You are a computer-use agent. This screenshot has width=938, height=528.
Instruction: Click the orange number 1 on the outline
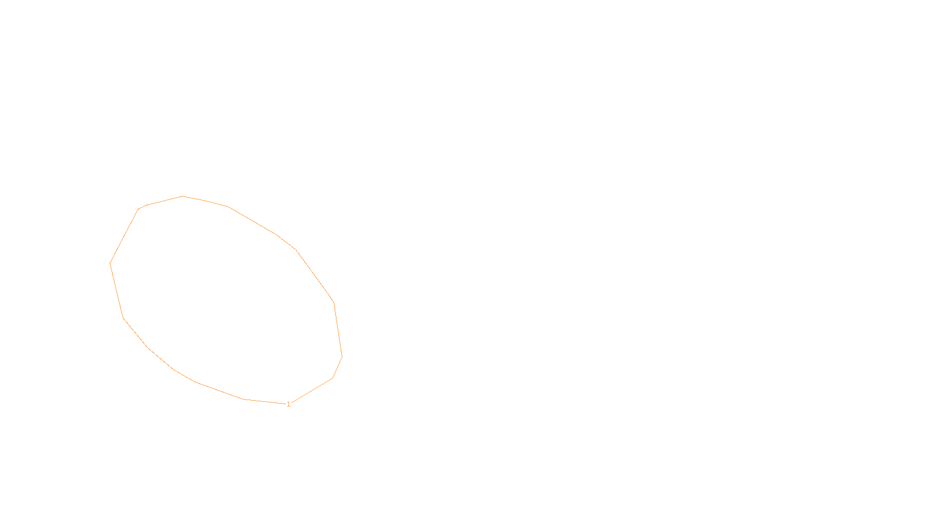click(288, 404)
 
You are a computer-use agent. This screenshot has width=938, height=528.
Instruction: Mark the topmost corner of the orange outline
click(183, 196)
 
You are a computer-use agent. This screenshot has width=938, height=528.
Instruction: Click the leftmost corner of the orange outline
click(110, 263)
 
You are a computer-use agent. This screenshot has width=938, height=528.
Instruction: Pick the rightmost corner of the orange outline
click(342, 356)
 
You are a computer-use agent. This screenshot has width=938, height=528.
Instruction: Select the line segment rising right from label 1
click(311, 391)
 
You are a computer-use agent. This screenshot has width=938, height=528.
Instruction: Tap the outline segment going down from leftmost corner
click(117, 290)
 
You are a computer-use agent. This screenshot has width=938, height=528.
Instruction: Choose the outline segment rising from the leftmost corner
click(124, 236)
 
